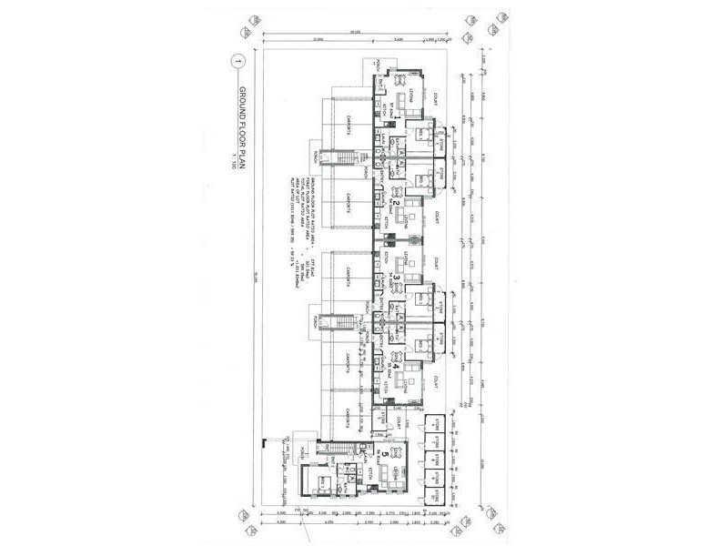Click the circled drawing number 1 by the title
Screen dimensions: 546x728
tap(238, 62)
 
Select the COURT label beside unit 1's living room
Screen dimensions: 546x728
tap(438, 90)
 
